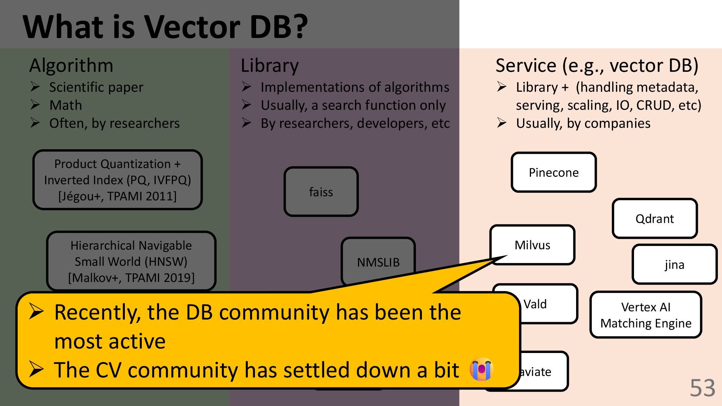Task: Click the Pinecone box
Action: [554, 173]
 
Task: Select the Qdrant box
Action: [655, 219]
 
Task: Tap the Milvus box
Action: [532, 245]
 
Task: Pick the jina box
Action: [674, 265]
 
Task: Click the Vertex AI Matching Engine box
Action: [646, 315]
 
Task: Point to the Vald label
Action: [535, 304]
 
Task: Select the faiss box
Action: [321, 192]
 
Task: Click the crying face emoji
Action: [482, 369]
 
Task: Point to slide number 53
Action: [702, 388]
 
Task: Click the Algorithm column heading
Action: [71, 65]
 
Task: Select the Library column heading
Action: [270, 65]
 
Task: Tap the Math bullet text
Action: [65, 105]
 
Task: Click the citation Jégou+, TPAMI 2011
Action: [117, 196]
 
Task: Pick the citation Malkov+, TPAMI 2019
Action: [131, 278]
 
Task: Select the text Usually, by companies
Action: [583, 123]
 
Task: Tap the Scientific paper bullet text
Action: [96, 87]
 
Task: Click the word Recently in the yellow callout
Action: [97, 313]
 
